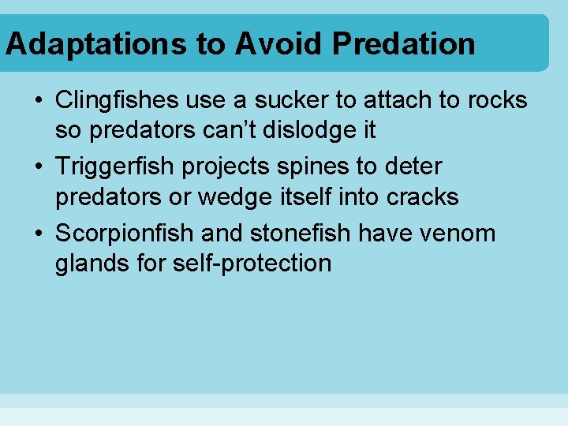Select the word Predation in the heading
click(403, 44)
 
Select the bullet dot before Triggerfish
click(38, 168)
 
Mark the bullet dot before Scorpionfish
click(38, 234)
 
